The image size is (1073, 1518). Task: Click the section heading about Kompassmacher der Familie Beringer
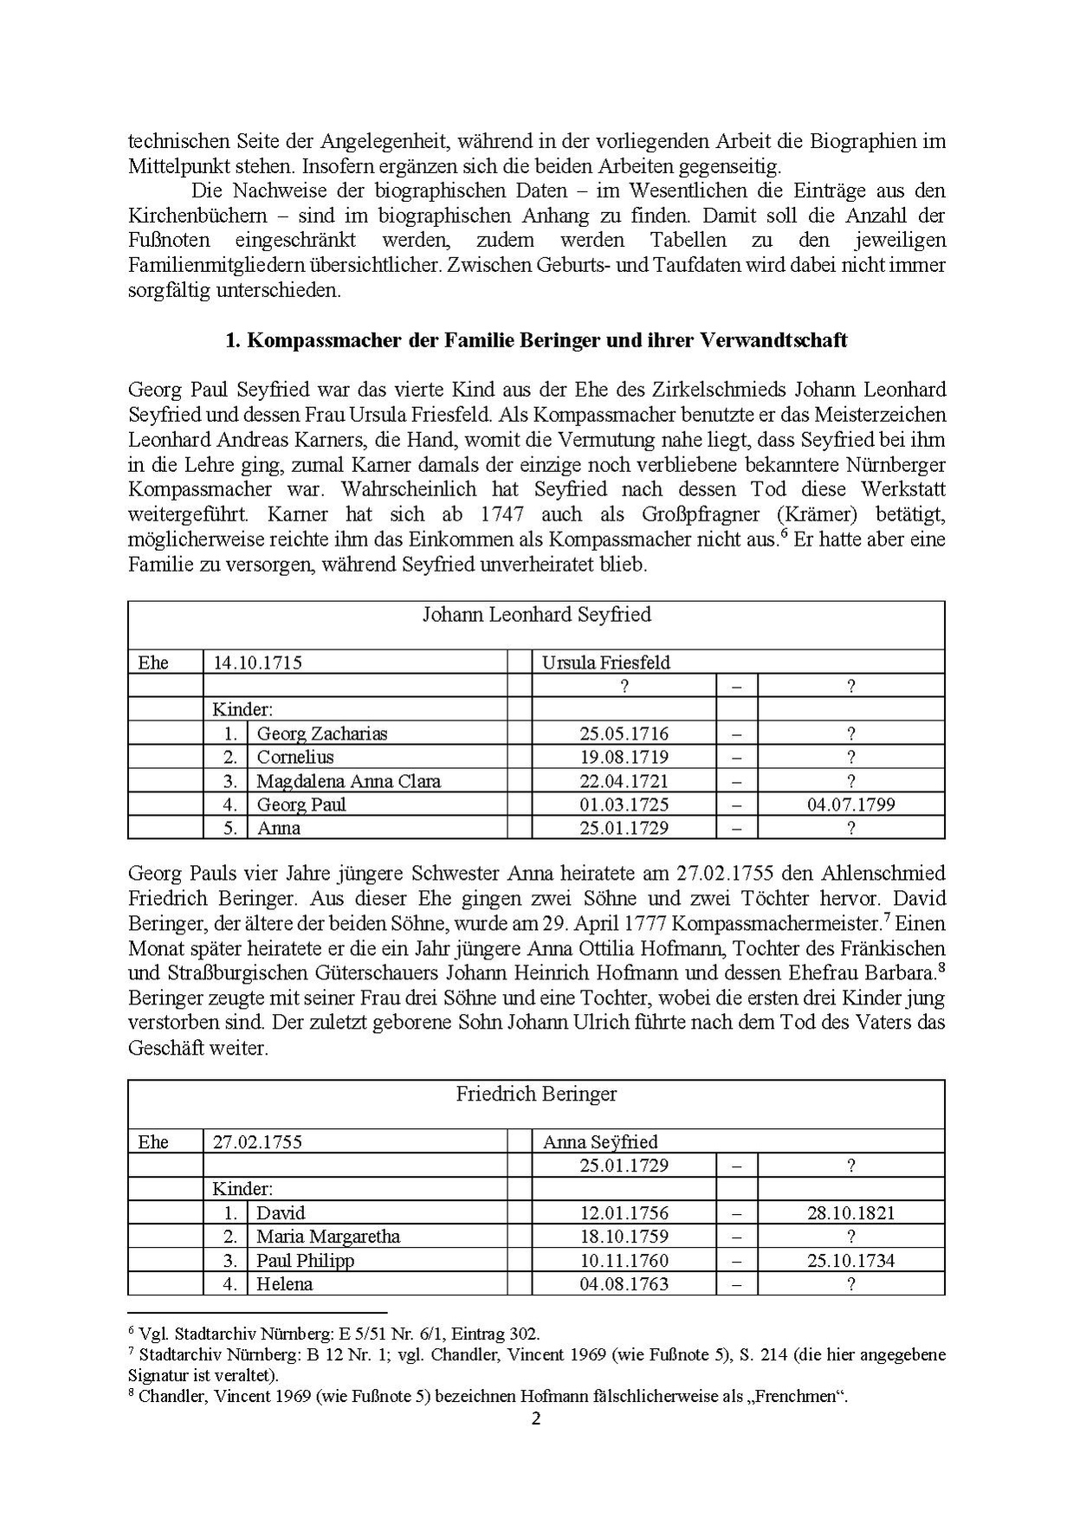tap(536, 340)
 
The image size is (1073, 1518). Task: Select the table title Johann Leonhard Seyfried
tap(536, 615)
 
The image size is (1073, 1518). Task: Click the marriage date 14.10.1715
tap(257, 663)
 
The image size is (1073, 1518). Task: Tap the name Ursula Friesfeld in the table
tap(606, 663)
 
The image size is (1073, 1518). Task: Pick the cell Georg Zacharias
tap(322, 733)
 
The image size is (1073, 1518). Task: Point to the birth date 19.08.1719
tap(624, 757)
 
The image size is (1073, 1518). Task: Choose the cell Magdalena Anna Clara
tap(348, 781)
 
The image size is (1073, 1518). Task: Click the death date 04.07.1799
tap(850, 804)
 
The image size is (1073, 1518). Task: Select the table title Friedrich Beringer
tap(536, 1094)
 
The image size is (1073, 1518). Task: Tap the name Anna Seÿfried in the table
tap(600, 1142)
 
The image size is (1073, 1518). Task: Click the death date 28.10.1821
tap(850, 1213)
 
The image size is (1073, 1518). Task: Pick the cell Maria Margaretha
tap(328, 1237)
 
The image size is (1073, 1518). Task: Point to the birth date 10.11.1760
tap(624, 1260)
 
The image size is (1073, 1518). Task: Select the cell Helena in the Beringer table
tap(285, 1284)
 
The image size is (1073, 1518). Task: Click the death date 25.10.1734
tap(850, 1260)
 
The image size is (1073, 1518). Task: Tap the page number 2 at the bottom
tap(535, 1419)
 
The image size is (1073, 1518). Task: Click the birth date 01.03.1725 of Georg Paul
tap(624, 804)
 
